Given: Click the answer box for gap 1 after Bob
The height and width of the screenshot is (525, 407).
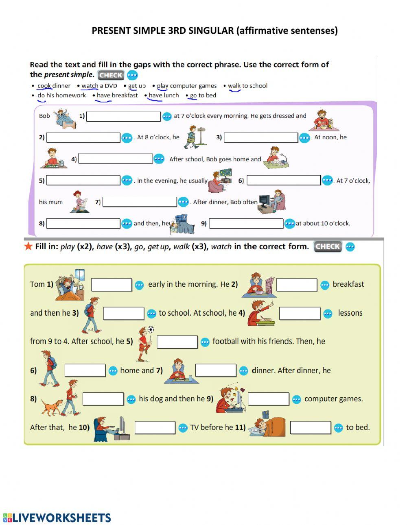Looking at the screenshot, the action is tap(123, 116).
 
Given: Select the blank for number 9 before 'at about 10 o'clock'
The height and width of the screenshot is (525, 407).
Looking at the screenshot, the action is tap(246, 223).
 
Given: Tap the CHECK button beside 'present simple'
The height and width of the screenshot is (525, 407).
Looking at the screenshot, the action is tap(111, 75).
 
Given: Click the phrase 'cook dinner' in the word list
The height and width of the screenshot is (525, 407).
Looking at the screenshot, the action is tap(54, 86).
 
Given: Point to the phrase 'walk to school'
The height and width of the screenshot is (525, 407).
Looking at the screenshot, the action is tap(247, 86).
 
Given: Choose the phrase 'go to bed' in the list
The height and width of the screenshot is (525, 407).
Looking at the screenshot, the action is tap(203, 96).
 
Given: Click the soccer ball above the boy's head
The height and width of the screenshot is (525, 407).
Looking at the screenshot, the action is tap(151, 329).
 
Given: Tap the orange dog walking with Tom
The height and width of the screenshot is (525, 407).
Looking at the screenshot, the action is tap(52, 407).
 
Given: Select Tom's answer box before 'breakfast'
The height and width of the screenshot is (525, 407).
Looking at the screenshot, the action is tap(296, 285).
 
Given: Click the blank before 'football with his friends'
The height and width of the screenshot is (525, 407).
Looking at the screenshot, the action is tap(177, 342).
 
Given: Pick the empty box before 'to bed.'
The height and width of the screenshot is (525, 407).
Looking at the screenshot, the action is tap(310, 427).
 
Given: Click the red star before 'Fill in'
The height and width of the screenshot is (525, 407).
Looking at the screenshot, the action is tap(28, 246).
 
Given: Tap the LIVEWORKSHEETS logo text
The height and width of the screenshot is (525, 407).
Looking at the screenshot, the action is tap(61, 517).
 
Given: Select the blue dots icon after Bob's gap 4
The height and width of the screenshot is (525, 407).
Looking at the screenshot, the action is tap(159, 159).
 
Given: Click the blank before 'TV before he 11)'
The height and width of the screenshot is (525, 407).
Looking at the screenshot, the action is tap(155, 427).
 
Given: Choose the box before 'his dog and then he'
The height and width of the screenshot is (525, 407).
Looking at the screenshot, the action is tap(103, 399).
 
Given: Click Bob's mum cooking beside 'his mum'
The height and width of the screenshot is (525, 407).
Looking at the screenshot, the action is tap(79, 202).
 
